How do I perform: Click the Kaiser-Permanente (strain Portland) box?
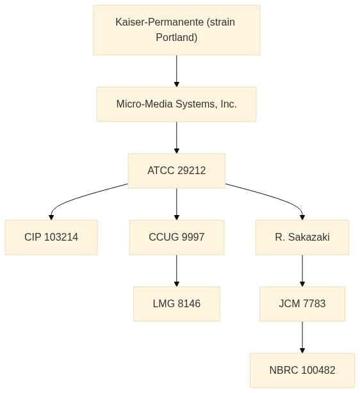pos(176,30)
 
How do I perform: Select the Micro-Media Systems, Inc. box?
pos(177,104)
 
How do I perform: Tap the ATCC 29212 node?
pos(177,171)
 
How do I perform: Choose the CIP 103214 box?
pos(51,237)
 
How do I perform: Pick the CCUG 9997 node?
pos(177,237)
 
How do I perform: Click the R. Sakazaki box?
pos(302,237)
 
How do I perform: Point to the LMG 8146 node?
pos(177,304)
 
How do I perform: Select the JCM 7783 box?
pos(302,304)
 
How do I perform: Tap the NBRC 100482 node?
pos(302,371)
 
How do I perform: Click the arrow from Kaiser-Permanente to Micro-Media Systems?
pos(177,71)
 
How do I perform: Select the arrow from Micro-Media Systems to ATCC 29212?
pos(177,138)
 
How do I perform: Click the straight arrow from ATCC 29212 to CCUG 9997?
pos(177,204)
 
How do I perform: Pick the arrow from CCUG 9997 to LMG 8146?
pos(177,271)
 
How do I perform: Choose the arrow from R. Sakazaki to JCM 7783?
pos(302,271)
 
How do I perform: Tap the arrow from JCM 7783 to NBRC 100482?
pos(302,337)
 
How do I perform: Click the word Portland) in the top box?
pos(176,38)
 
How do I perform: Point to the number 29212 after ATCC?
pos(192,171)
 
